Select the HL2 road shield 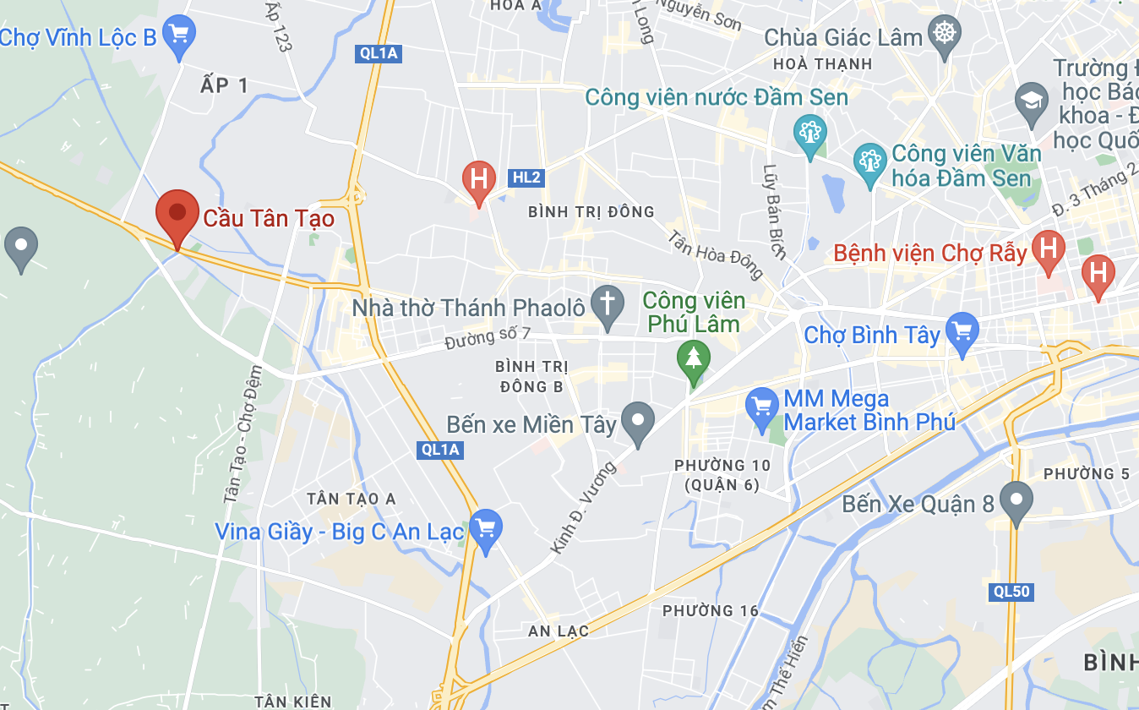coord(526,177)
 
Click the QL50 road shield coord(1011,592)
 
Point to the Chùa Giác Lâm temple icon coord(944,35)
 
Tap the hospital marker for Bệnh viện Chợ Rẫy coord(1049,249)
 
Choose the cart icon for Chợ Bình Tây coord(962,330)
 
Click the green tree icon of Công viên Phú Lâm coord(694,358)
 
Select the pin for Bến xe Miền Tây coord(637,420)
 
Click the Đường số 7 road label coord(488,336)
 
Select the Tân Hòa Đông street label coord(715,254)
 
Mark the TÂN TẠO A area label coord(352,499)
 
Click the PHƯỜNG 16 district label coord(710,610)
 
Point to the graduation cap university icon coord(1032,100)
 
